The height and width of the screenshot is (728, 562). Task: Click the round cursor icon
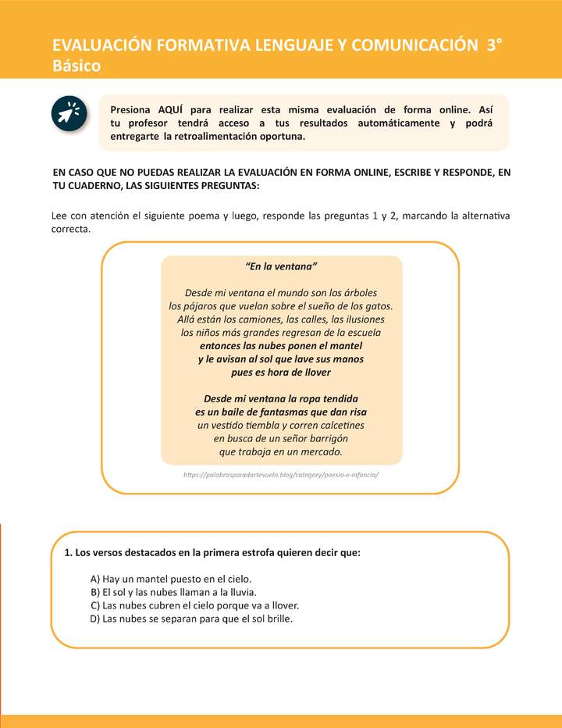click(x=68, y=114)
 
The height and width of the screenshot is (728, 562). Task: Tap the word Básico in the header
click(x=76, y=66)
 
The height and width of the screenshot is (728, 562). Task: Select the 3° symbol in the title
click(x=494, y=45)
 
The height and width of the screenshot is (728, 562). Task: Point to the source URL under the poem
click(x=281, y=474)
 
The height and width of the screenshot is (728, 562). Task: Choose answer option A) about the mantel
click(x=171, y=579)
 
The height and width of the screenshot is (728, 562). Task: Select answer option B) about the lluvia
click(x=173, y=592)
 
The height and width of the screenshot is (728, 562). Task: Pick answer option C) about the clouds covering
click(x=195, y=605)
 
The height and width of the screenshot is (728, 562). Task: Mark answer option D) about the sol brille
click(x=192, y=619)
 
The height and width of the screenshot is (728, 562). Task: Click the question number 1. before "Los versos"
click(x=69, y=552)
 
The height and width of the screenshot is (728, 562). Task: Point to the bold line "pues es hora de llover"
click(x=281, y=372)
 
